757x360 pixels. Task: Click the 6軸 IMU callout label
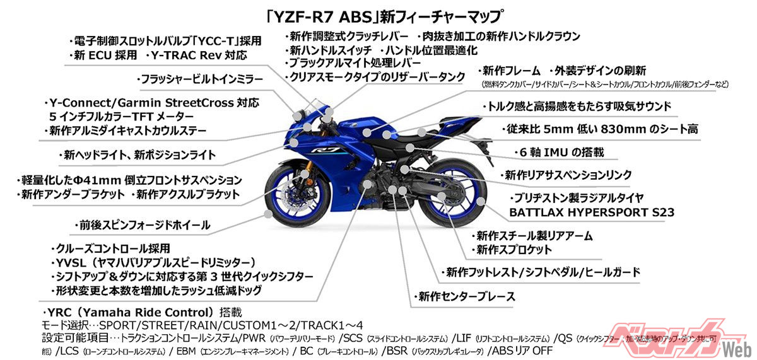559,152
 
